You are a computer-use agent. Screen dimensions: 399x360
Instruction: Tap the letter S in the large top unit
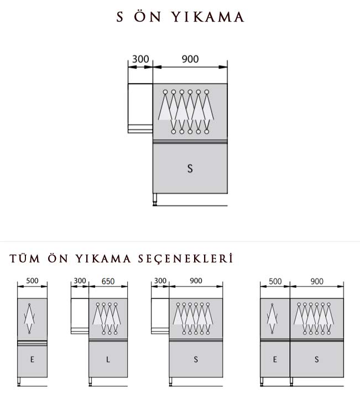190,169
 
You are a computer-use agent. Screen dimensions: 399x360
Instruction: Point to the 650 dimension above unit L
108,281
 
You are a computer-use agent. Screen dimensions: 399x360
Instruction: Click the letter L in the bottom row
108,360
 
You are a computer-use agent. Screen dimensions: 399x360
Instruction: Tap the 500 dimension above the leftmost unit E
32,281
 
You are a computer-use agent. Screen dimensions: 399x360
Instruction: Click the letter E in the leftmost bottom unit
32,360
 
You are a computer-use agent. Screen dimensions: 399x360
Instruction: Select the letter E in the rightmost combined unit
275,360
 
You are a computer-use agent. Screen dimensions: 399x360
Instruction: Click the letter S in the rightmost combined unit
317,360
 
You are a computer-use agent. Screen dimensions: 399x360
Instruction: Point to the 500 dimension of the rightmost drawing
275,281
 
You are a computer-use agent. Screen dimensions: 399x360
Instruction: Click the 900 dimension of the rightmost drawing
317,281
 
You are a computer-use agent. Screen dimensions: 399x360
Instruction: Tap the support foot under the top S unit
156,200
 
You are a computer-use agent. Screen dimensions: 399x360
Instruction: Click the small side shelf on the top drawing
140,108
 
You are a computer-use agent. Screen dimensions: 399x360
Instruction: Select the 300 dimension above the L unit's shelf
80,281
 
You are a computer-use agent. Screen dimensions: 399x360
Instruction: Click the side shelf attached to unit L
80,316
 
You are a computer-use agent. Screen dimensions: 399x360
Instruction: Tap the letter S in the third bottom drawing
196,360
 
